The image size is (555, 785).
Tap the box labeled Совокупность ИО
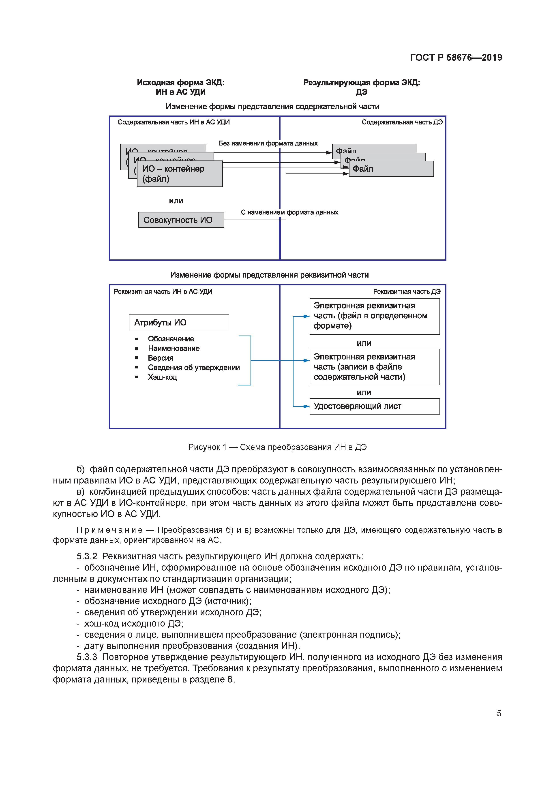click(x=181, y=220)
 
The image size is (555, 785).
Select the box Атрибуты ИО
click(x=179, y=322)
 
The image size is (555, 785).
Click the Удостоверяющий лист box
click(x=375, y=406)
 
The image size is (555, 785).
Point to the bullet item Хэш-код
click(x=162, y=377)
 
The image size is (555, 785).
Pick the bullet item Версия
click(x=160, y=358)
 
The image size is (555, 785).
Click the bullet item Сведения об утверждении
click(x=194, y=368)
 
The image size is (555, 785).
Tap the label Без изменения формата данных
click(x=268, y=143)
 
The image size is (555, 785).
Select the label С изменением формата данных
click(x=289, y=212)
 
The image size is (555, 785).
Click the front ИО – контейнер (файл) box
click(x=180, y=174)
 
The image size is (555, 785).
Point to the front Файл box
click(x=391, y=169)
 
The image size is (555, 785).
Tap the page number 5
click(x=499, y=714)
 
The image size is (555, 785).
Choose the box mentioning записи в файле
click(x=375, y=367)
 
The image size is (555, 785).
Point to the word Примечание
click(x=110, y=530)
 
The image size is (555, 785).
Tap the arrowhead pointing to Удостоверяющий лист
click(x=307, y=406)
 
